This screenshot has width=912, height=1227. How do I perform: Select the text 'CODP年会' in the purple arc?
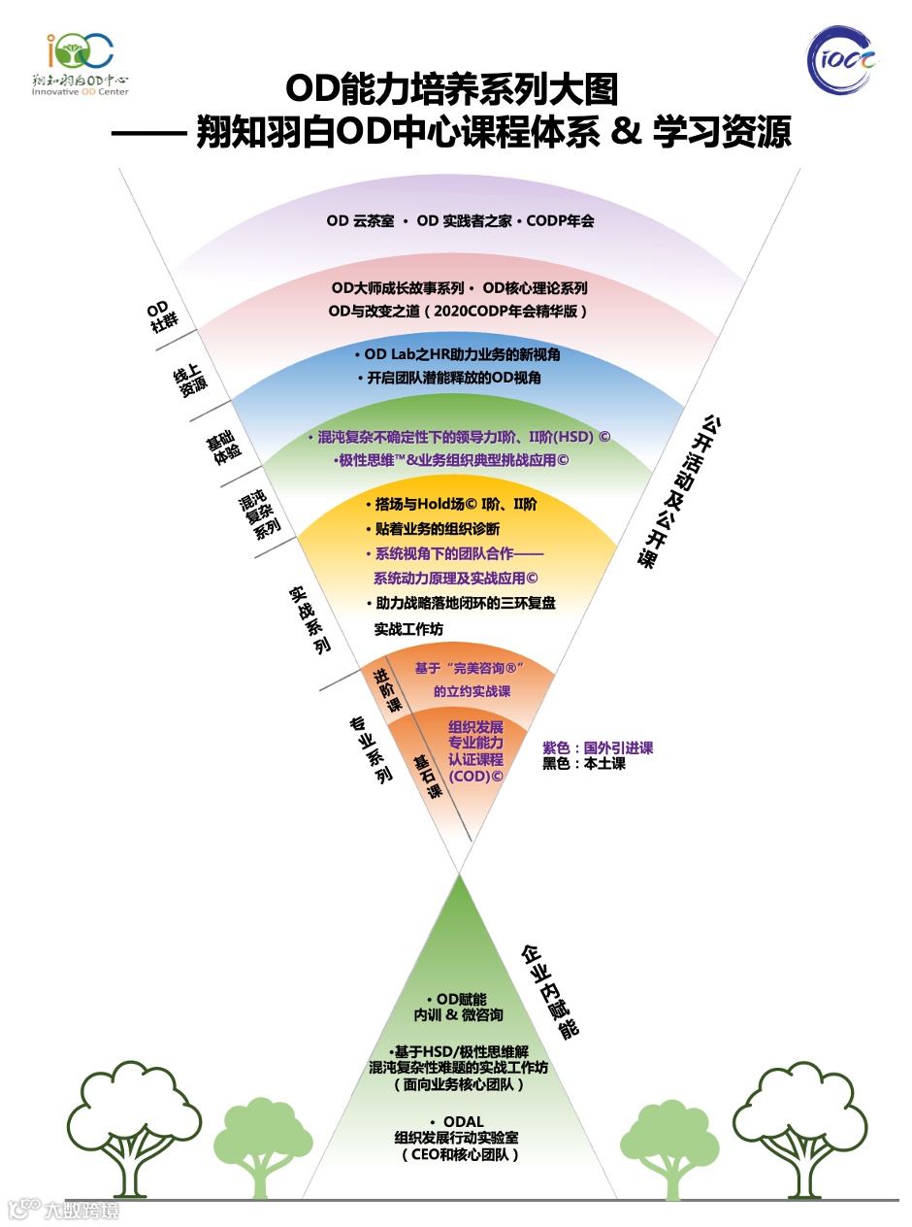[x=560, y=220]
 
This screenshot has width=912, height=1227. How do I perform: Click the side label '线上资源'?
[x=190, y=380]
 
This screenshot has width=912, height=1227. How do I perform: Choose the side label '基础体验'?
[x=220, y=448]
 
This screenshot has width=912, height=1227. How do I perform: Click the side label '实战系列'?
[x=309, y=618]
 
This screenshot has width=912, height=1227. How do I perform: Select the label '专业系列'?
[x=371, y=750]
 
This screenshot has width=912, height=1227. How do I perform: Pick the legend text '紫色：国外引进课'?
[x=598, y=747]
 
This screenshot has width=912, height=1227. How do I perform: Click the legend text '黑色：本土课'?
[x=584, y=764]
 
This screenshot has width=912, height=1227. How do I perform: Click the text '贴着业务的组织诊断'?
[x=437, y=529]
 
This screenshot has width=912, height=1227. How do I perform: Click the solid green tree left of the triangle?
[x=251, y=1145]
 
